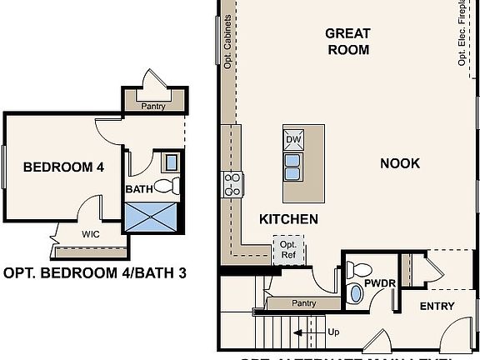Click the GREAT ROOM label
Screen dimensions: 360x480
347,41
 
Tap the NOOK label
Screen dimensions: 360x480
400,163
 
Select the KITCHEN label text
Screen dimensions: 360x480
288,219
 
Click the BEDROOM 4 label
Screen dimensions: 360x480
63,167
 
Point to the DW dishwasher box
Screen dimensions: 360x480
293,139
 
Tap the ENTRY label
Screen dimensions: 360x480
437,307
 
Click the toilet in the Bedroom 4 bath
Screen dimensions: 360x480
167,186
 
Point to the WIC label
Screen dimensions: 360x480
91,234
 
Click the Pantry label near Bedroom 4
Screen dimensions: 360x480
152,106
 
